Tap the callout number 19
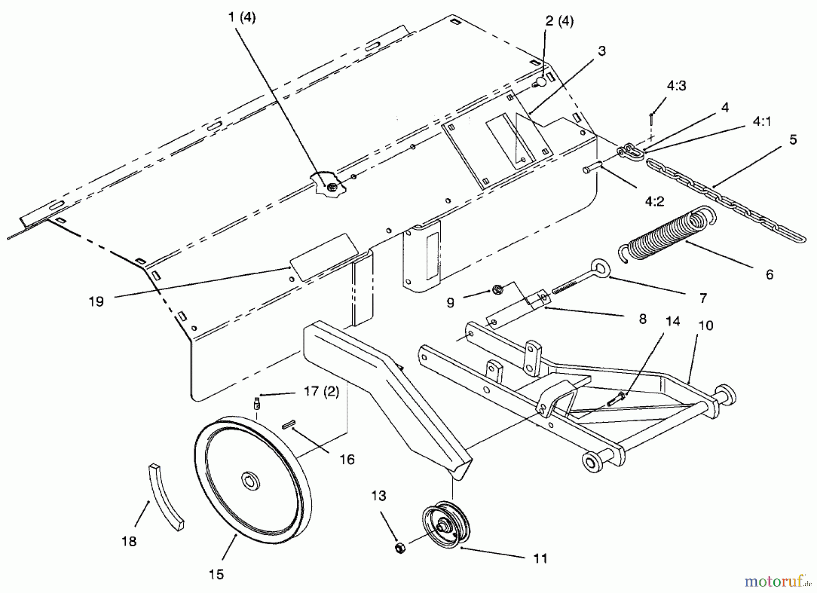96,301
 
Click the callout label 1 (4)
242,18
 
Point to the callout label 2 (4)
559,21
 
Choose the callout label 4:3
676,86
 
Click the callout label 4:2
654,201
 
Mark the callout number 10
706,325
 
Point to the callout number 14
673,321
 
